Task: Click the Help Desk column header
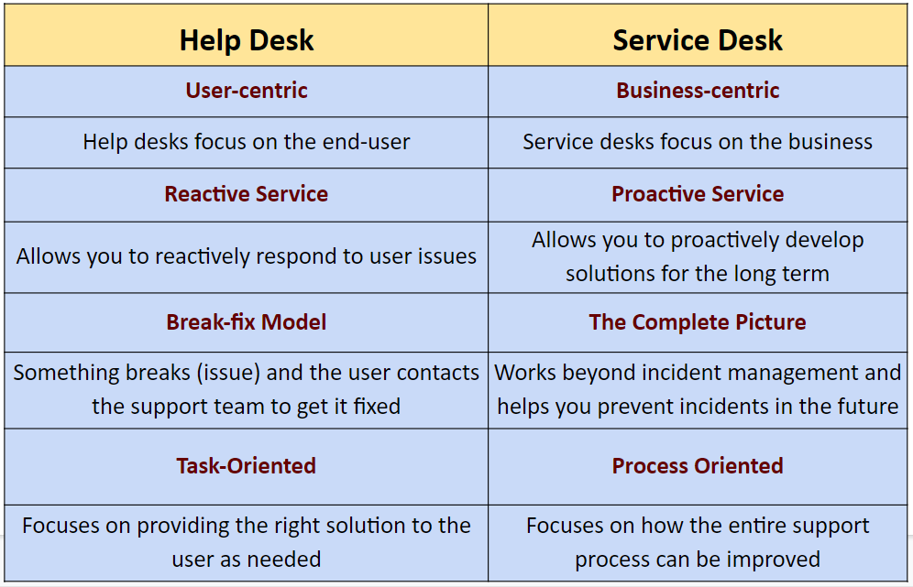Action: click(x=247, y=40)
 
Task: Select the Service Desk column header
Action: click(x=698, y=40)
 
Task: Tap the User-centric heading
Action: click(x=247, y=91)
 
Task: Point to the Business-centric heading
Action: click(x=698, y=91)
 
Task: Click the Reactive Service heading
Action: click(x=247, y=194)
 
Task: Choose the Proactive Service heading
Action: click(x=698, y=194)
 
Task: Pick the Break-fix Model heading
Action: click(x=247, y=322)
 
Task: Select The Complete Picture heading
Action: click(x=698, y=322)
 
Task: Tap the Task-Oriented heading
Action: click(x=247, y=466)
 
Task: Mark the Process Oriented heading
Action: click(x=698, y=466)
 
